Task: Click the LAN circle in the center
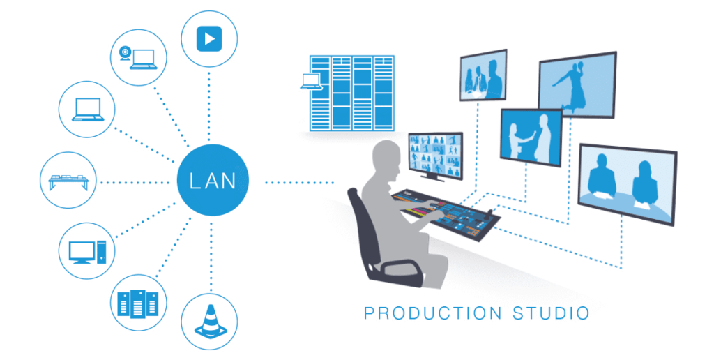[213, 181]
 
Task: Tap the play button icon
[209, 39]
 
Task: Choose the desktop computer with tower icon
[87, 252]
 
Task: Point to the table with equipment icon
[68, 181]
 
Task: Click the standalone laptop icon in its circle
[88, 110]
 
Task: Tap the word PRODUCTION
[433, 313]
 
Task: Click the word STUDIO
[551, 313]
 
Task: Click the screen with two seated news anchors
[627, 184]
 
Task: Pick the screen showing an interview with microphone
[531, 137]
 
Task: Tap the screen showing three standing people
[483, 75]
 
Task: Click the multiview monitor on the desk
[436, 154]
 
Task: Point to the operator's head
[386, 157]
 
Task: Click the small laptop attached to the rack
[311, 82]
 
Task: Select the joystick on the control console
[490, 213]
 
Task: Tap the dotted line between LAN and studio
[299, 183]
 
